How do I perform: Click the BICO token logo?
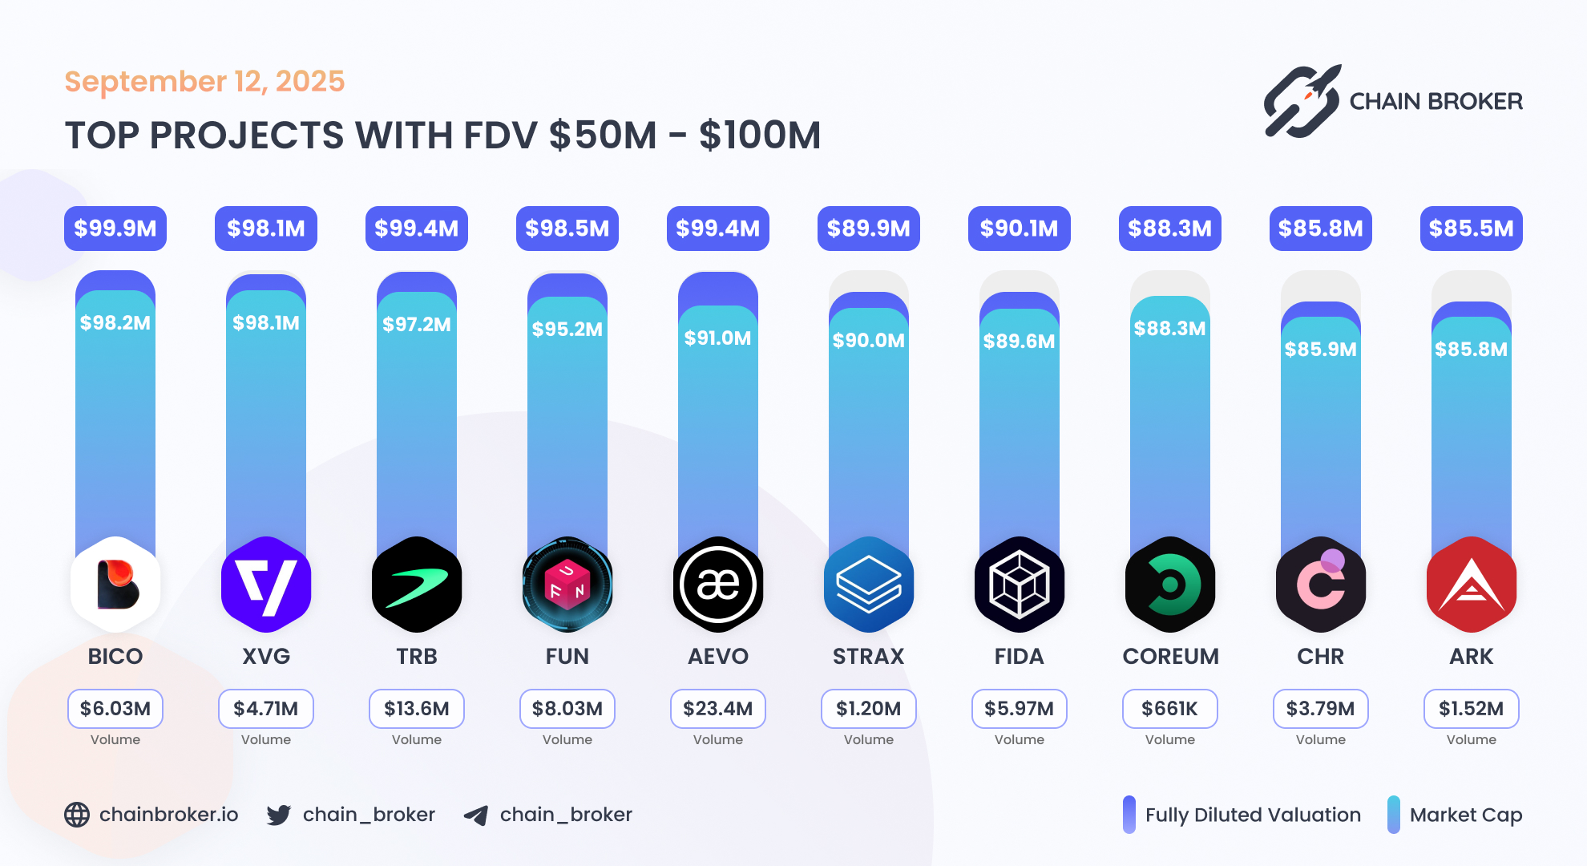click(115, 585)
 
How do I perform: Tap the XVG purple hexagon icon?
click(266, 585)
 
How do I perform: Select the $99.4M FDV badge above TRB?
click(417, 229)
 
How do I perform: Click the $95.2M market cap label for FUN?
click(567, 329)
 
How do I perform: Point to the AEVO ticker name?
click(718, 657)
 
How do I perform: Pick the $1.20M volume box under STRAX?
click(869, 709)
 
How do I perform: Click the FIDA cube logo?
click(1020, 585)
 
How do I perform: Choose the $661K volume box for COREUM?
click(1170, 709)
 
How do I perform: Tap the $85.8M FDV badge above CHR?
click(1321, 229)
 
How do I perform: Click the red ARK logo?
click(1472, 585)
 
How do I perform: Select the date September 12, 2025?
click(204, 82)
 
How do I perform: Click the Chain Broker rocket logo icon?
click(1302, 102)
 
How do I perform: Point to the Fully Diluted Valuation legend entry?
click(1243, 815)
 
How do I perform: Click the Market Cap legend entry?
click(1456, 815)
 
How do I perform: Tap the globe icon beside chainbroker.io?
click(77, 815)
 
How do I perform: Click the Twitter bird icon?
click(279, 815)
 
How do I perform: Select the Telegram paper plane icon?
click(476, 815)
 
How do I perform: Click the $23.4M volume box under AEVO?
click(718, 709)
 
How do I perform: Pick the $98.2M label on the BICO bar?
click(115, 323)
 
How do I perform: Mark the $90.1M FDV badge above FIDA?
click(1020, 229)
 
